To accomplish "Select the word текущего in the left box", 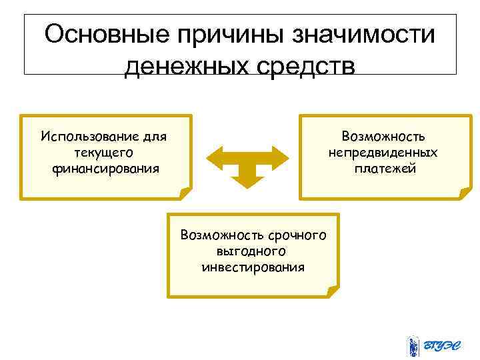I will pyautogui.click(x=105, y=153).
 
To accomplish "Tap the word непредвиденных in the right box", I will pyautogui.click(x=383, y=153).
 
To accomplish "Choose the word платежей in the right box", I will pyautogui.click(x=385, y=168).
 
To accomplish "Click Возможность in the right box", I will pyautogui.click(x=383, y=137).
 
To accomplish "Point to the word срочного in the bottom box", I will pyautogui.click(x=295, y=235).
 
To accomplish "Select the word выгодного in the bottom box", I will pyautogui.click(x=252, y=251).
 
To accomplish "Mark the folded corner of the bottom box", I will pyautogui.click(x=333, y=291).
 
